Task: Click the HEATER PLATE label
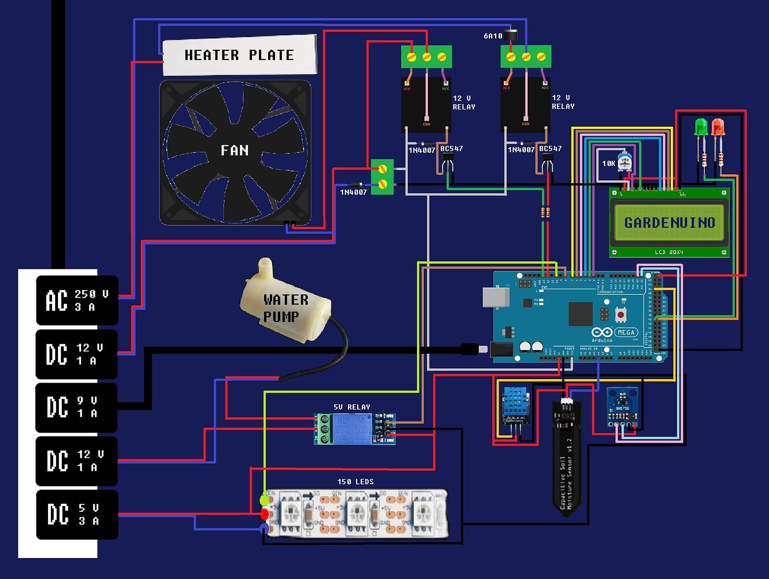[239, 56]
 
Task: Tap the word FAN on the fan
[235, 151]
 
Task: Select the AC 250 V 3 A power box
[77, 301]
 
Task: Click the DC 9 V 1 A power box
[77, 407]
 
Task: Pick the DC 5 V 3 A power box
[77, 514]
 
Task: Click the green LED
[701, 127]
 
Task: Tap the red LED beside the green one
[718, 127]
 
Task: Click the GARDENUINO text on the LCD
[669, 222]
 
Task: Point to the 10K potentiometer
[624, 161]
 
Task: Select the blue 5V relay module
[354, 429]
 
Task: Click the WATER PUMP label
[285, 308]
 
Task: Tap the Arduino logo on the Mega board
[602, 332]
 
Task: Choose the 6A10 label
[493, 36]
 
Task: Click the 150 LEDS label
[355, 482]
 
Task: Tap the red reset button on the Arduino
[621, 314]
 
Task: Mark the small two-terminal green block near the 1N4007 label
[382, 177]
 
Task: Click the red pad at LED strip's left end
[265, 514]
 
